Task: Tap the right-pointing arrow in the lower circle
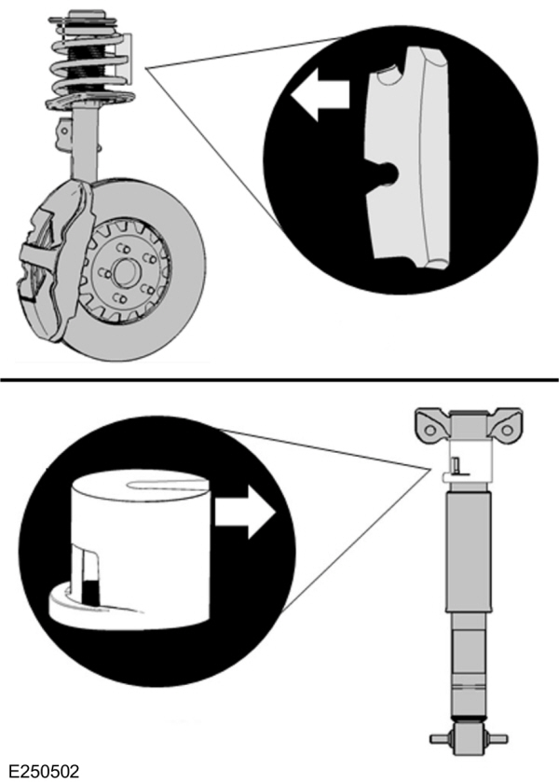coord(245,511)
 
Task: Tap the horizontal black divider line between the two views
coord(279,379)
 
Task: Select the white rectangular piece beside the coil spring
coord(129,56)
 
